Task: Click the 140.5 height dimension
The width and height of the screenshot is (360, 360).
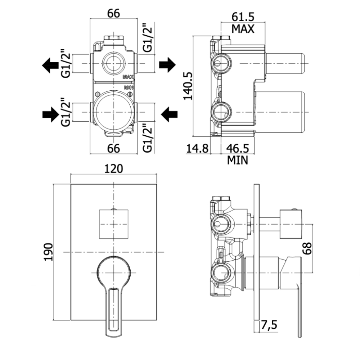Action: [x=188, y=86]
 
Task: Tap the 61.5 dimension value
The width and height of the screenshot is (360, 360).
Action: [x=243, y=17]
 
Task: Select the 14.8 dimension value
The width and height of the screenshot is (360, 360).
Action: [x=197, y=148]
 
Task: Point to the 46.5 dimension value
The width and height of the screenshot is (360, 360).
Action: [x=238, y=148]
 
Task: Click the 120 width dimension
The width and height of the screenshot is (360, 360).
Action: [x=114, y=169]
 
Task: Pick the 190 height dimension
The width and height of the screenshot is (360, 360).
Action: [x=49, y=252]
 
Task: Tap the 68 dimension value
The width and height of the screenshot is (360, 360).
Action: [x=307, y=248]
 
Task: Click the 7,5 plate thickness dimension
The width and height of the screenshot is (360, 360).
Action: [x=269, y=325]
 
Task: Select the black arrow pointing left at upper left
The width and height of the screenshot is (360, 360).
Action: [x=50, y=66]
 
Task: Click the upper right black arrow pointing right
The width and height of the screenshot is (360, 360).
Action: [x=167, y=65]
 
